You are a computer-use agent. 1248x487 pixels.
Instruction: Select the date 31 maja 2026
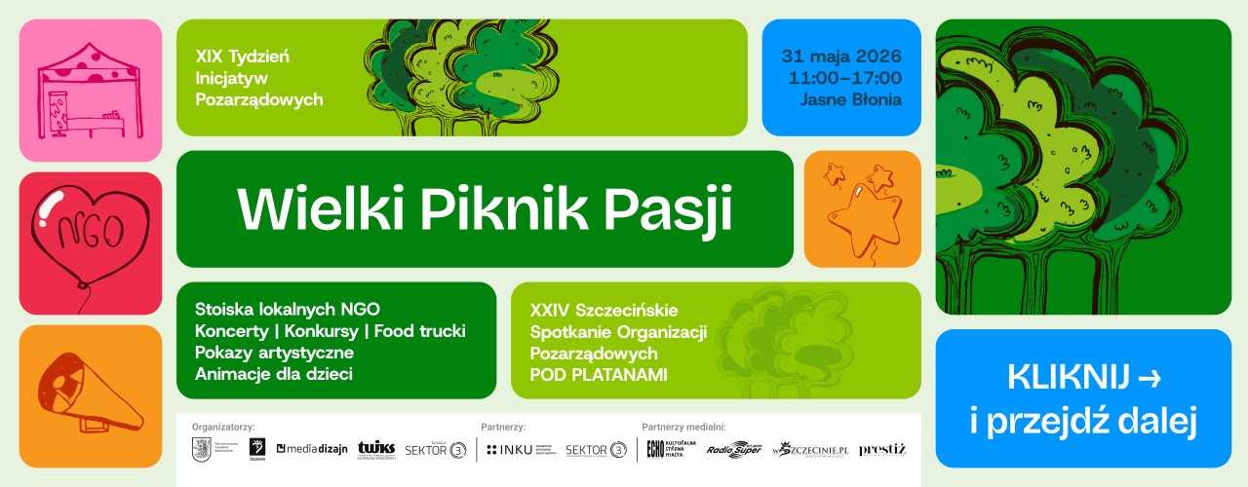[840, 55]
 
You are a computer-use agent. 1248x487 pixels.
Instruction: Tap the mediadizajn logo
[312, 449]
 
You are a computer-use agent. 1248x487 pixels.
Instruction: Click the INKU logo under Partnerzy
[510, 449]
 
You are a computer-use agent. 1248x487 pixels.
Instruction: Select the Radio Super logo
[733, 449]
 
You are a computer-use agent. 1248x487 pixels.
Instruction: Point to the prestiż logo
[882, 449]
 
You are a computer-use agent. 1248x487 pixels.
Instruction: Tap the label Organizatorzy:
[223, 427]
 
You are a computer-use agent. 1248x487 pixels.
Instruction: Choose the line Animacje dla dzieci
[273, 373]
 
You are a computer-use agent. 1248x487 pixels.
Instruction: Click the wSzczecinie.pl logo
[809, 449]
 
